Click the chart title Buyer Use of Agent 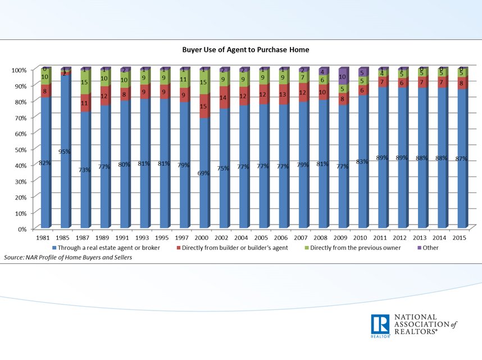point(245,49)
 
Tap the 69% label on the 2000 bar point(203,174)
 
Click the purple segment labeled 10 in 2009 point(342,76)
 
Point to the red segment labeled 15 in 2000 point(203,106)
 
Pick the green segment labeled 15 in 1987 point(84,83)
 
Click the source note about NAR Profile point(64,257)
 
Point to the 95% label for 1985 point(64,152)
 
